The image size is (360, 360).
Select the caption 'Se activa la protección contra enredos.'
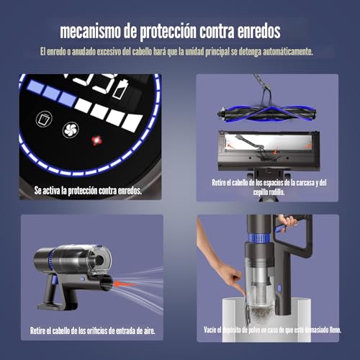[x=88, y=191]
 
